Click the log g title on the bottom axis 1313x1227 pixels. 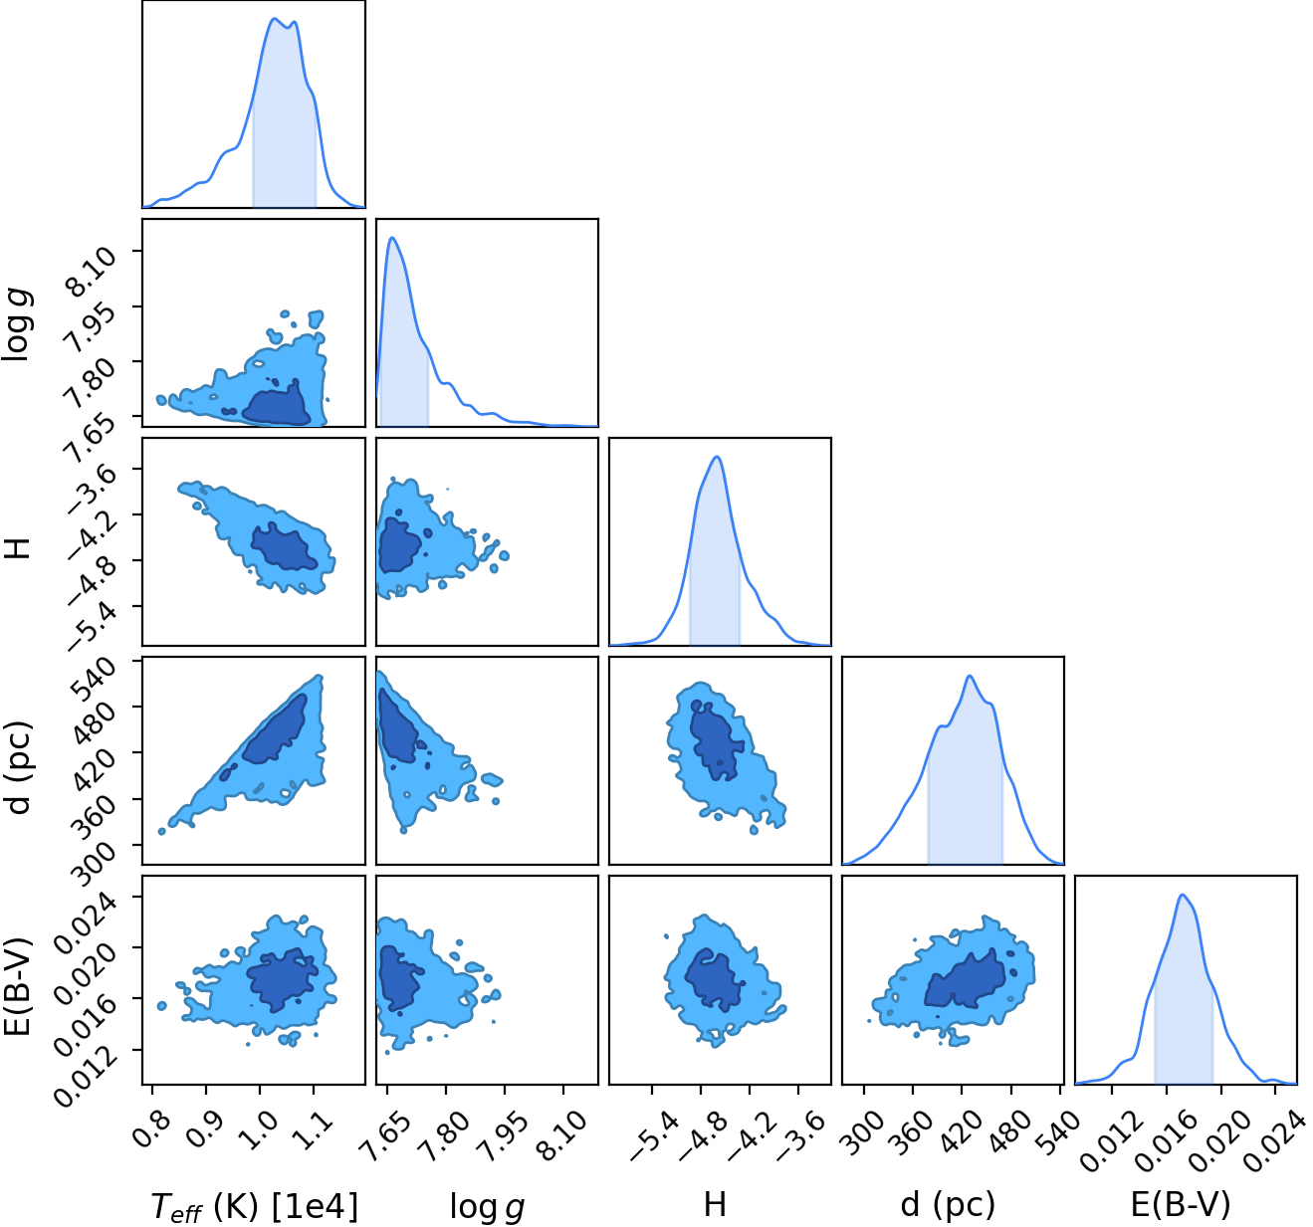487,1206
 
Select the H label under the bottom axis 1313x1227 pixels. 715,1204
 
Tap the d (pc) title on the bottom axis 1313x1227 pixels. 948,1204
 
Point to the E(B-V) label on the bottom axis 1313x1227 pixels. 1181,1204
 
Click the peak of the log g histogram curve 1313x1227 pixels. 392,237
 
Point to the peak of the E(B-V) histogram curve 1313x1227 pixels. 1182,896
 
